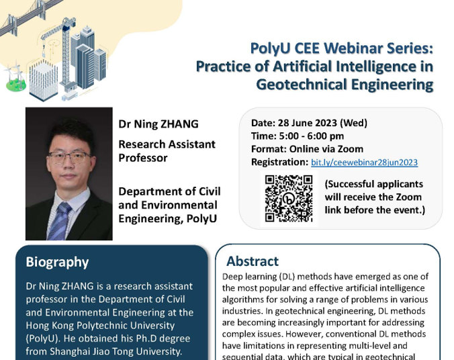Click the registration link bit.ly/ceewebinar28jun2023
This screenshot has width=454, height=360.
[364, 162]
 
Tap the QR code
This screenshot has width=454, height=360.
[289, 198]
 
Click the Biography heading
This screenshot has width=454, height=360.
[57, 262]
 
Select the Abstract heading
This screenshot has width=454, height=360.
[253, 261]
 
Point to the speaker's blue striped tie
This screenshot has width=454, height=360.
[59, 222]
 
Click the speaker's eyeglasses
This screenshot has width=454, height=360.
[69, 158]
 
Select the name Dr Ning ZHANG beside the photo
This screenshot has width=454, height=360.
[158, 124]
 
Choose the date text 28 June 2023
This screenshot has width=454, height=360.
[307, 123]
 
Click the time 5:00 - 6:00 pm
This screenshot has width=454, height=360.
[311, 136]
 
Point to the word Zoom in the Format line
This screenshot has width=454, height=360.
[351, 149]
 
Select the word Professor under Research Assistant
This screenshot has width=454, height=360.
[143, 158]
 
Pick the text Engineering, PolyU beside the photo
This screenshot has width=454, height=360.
[167, 218]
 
